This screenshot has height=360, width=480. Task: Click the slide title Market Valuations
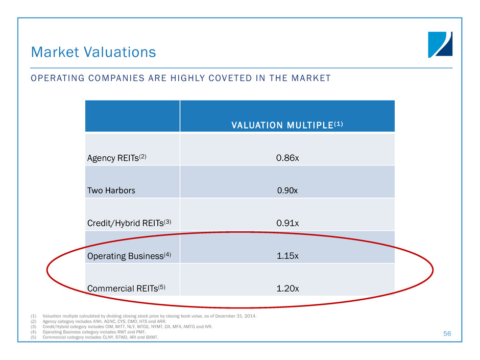[93, 52]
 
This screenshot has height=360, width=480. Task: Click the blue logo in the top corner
[440, 44]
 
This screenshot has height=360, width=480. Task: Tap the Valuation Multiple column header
[287, 126]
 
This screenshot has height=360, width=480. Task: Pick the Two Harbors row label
[111, 190]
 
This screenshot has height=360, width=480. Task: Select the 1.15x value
[287, 256]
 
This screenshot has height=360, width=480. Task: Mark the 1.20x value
[287, 289]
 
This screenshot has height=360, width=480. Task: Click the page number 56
[447, 333]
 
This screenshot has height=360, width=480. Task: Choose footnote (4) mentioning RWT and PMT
[102, 332]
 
